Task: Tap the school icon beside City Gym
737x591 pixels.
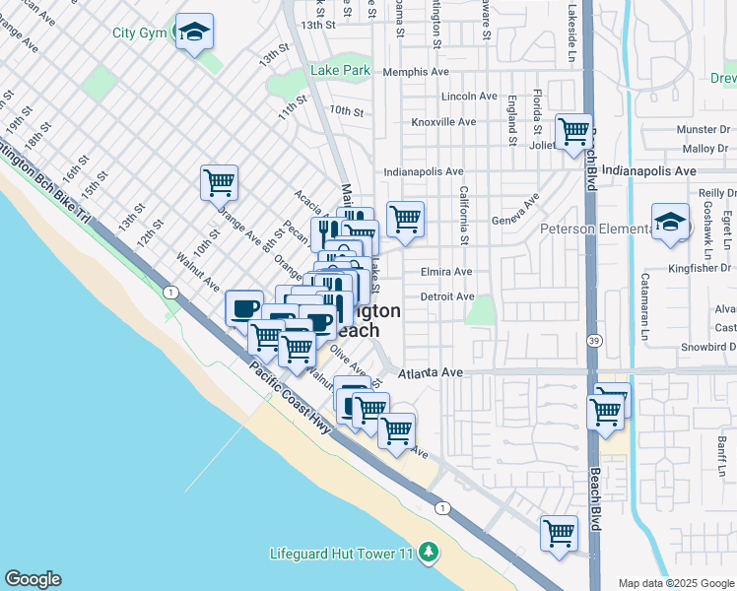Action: click(x=195, y=33)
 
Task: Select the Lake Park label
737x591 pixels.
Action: click(x=340, y=70)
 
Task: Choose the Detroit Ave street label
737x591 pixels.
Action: click(x=446, y=296)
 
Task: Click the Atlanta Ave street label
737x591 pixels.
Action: click(x=431, y=374)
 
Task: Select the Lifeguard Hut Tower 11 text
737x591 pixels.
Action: click(x=341, y=554)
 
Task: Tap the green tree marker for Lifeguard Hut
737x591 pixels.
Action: click(x=428, y=553)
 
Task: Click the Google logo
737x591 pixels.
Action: click(x=33, y=579)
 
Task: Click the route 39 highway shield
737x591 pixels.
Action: click(x=594, y=340)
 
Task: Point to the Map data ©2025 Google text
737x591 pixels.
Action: click(x=675, y=583)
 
